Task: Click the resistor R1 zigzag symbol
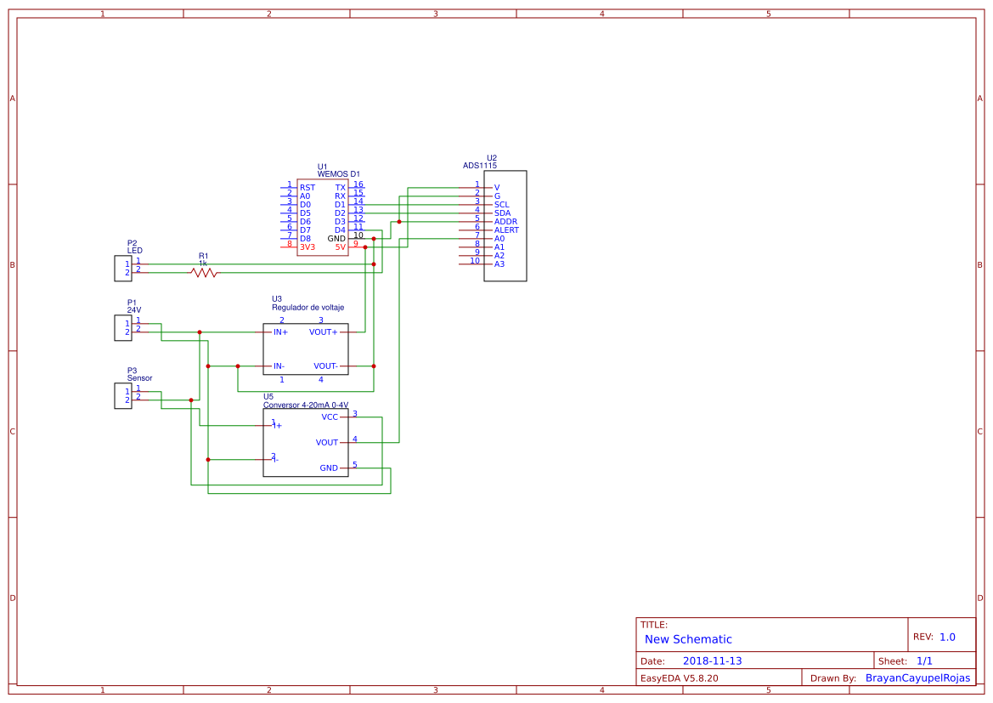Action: point(204,273)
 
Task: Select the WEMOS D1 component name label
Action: point(339,174)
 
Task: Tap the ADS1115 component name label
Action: point(480,166)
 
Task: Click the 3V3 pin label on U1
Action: point(307,247)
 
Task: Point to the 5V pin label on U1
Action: point(341,247)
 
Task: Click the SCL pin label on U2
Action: point(501,205)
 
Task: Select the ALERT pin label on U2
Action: point(506,230)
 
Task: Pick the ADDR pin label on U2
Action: point(505,222)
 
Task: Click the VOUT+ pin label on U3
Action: point(323,332)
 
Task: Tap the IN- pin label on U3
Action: point(279,366)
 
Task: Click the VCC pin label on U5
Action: point(330,417)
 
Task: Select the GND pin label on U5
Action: point(329,468)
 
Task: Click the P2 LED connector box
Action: point(123,269)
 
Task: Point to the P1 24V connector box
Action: point(123,328)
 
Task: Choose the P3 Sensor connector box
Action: point(123,396)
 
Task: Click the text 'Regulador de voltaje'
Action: point(307,308)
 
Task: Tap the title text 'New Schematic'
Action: point(688,639)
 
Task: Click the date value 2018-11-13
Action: point(712,661)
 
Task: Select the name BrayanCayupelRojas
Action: point(917,678)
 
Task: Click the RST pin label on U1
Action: point(307,188)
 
